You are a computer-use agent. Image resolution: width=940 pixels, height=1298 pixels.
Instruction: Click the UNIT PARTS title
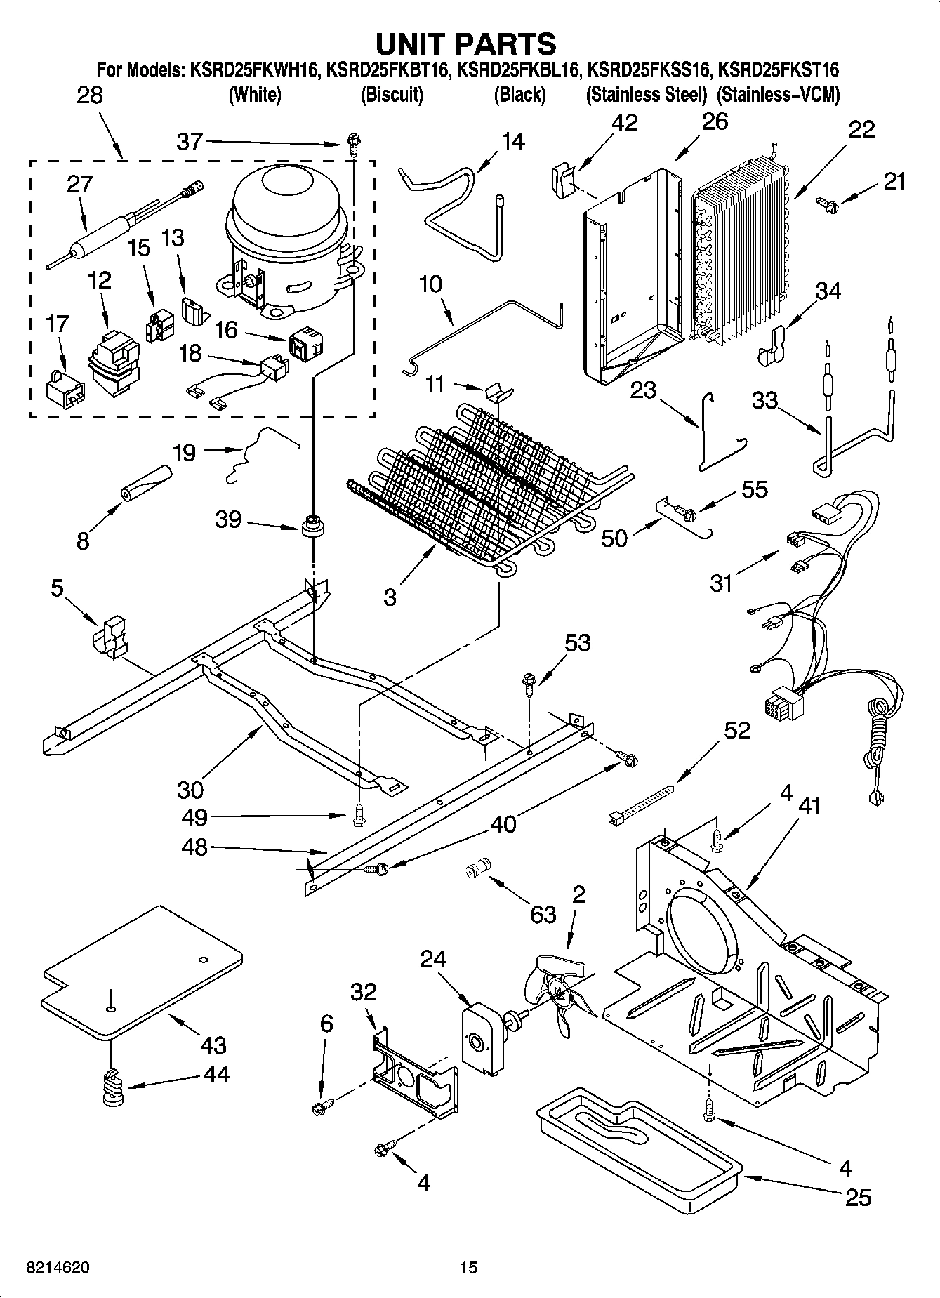(466, 44)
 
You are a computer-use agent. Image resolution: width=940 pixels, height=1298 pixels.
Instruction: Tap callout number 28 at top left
(89, 95)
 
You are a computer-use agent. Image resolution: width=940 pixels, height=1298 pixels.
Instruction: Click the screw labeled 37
(352, 145)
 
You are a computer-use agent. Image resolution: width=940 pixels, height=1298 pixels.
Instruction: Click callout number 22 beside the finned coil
(861, 130)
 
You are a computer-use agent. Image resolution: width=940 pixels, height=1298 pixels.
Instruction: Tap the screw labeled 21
(828, 203)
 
